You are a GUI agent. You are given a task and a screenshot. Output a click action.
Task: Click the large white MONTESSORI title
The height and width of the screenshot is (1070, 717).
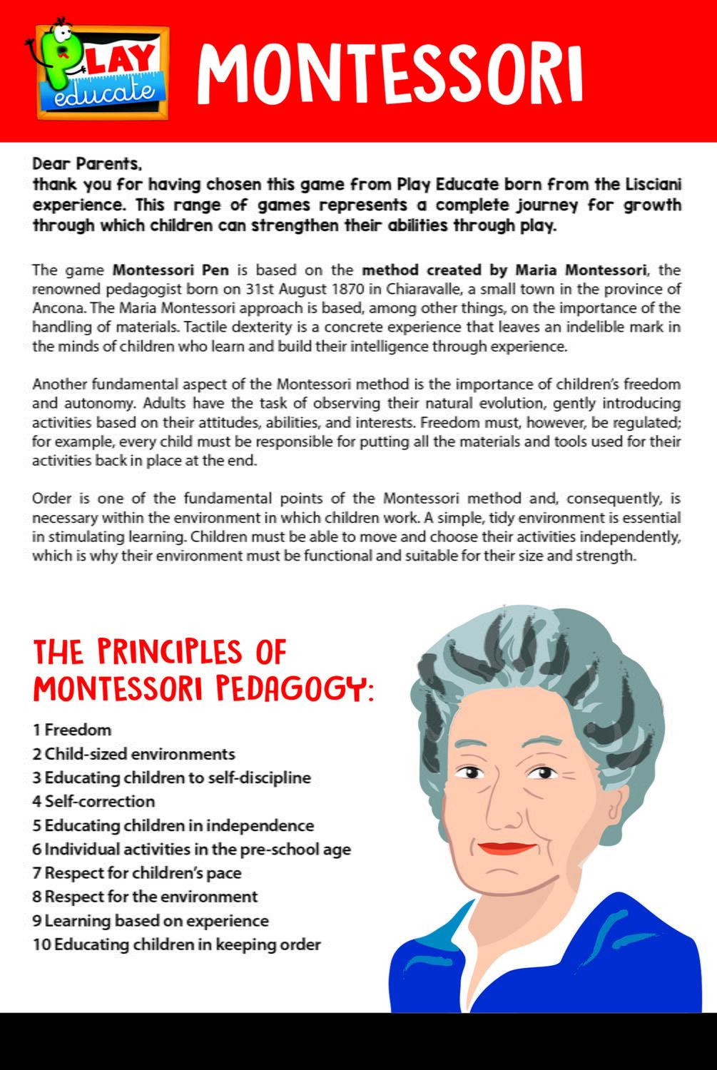click(x=390, y=73)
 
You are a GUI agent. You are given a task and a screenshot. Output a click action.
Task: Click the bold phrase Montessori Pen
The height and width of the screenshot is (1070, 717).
click(x=171, y=270)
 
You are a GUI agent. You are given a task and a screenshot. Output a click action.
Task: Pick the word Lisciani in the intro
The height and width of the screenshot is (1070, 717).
click(x=653, y=184)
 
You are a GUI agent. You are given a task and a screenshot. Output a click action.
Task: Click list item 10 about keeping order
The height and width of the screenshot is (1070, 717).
click(x=176, y=944)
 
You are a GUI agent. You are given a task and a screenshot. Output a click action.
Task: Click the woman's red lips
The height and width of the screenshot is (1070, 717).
click(x=506, y=847)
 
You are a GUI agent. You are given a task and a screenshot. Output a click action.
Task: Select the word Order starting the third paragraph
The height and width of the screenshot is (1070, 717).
click(x=51, y=498)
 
